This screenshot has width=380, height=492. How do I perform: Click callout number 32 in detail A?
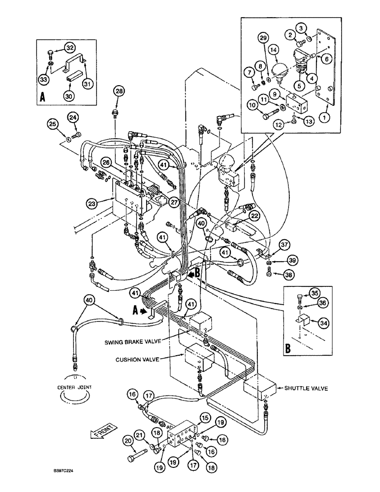click(69, 48)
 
